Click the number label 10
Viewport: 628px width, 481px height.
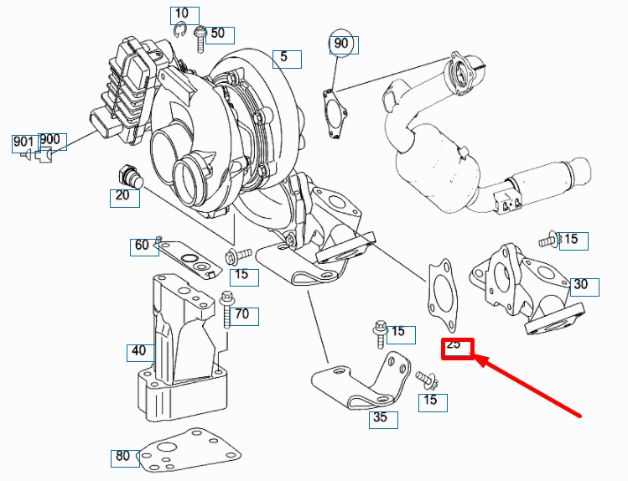pos(184,14)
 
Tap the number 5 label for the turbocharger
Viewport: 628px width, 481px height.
pos(284,57)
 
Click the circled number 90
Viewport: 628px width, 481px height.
pos(340,44)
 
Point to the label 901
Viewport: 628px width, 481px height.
pos(23,142)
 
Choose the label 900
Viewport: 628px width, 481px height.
pos(49,139)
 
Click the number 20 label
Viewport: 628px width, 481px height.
pos(123,197)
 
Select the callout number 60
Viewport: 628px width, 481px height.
pos(142,246)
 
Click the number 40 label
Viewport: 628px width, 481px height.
pos(138,351)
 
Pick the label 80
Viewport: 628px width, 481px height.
pos(123,457)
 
